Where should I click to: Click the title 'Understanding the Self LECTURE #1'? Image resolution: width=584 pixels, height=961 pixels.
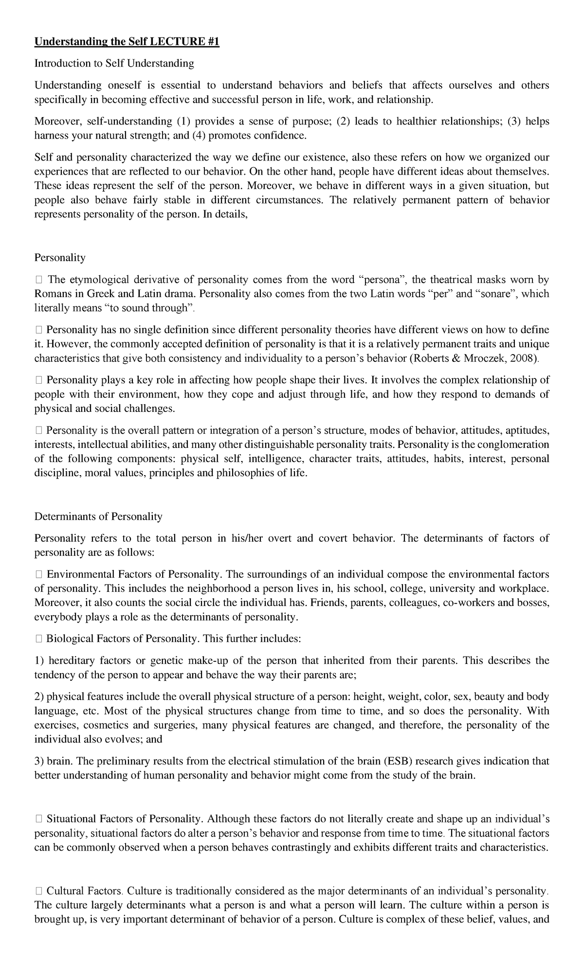coord(127,42)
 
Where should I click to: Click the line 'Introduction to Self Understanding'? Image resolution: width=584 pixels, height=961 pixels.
coord(114,63)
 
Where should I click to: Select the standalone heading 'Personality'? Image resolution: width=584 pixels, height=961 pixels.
coord(60,258)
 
